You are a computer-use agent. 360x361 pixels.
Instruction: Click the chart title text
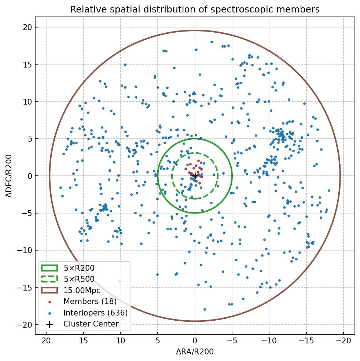pyautogui.click(x=195, y=10)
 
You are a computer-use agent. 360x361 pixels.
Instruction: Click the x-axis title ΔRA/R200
pyautogui.click(x=195, y=352)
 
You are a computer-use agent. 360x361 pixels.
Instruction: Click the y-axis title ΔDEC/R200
pyautogui.click(x=9, y=176)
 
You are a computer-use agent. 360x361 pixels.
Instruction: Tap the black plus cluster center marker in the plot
pyautogui.click(x=195, y=176)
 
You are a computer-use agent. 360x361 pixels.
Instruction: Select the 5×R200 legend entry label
pyautogui.click(x=79, y=268)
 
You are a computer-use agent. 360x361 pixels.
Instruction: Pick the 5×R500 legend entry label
pyautogui.click(x=79, y=279)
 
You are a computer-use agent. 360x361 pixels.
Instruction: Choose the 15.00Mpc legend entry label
pyautogui.click(x=82, y=291)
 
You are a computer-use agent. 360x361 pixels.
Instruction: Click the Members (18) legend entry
pyautogui.click(x=90, y=302)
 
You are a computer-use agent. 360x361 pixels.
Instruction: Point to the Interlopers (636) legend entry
pyautogui.click(x=95, y=313)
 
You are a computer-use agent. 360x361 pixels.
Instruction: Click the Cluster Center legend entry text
pyautogui.click(x=91, y=324)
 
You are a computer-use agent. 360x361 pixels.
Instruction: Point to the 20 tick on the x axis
pyautogui.click(x=46, y=341)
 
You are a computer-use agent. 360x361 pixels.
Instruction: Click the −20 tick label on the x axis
pyautogui.click(x=343, y=341)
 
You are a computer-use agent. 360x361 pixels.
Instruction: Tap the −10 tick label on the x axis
pyautogui.click(x=269, y=341)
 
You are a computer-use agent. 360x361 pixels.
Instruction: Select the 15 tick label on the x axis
pyautogui.click(x=83, y=341)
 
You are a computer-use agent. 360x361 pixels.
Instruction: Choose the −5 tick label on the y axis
pyautogui.click(x=26, y=213)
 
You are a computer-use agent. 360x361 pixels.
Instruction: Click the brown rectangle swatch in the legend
pyautogui.click(x=49, y=291)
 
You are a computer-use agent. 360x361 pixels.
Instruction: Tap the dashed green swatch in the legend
pyautogui.click(x=49, y=279)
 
